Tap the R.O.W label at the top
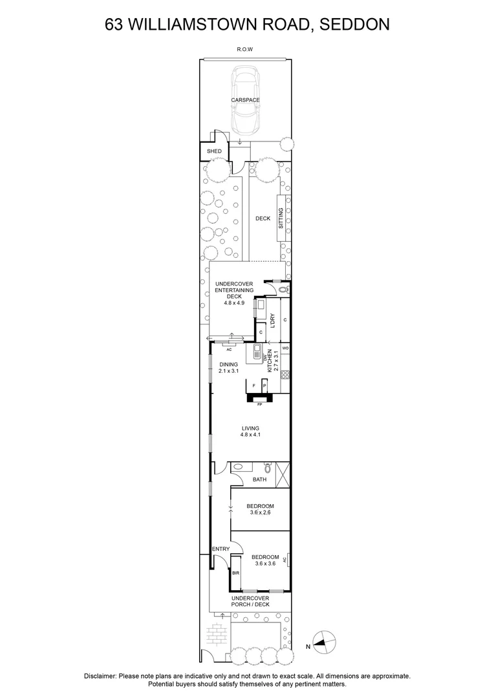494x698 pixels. coord(245,49)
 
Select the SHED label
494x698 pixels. coord(214,151)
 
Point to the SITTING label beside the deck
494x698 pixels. coord(281,218)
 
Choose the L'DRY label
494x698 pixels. coord(272,321)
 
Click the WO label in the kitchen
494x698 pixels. coord(285,348)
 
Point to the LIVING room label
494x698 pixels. coord(250,428)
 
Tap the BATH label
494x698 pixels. coord(259,480)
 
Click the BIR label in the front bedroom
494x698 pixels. coord(235,573)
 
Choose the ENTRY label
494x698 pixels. coord(221,549)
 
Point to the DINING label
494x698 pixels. coord(228,365)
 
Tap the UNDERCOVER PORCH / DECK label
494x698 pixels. coord(250,602)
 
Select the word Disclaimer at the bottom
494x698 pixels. coord(100,675)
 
